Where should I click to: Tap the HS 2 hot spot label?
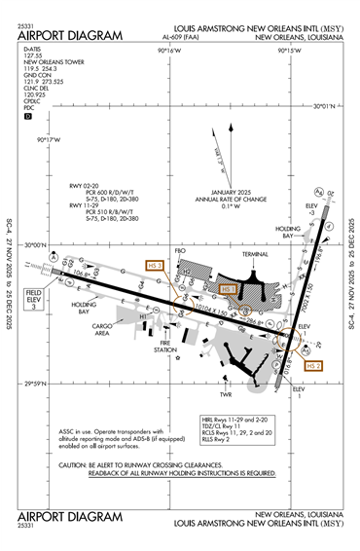pyautogui.click(x=312, y=366)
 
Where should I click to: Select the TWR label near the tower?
pyautogui.click(x=226, y=394)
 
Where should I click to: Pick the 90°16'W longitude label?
pyautogui.click(x=170, y=50)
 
